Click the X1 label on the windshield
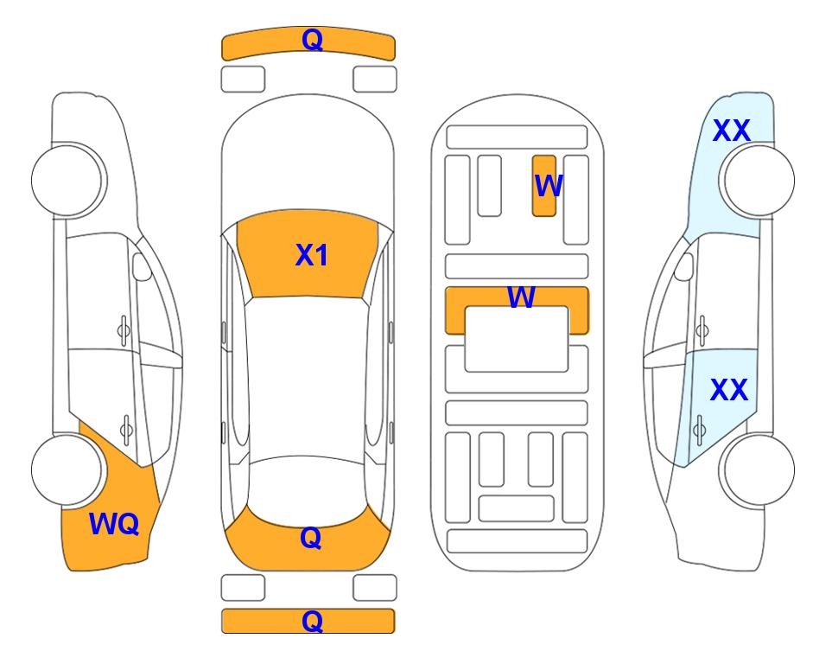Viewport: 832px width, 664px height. point(312,255)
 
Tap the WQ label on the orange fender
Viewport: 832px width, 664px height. point(114,524)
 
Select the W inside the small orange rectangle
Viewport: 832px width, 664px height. point(548,186)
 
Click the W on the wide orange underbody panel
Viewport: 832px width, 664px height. point(521,297)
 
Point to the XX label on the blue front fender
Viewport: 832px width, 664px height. point(731,131)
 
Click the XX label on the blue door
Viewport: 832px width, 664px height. point(729,390)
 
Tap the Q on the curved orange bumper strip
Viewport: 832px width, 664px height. point(312,40)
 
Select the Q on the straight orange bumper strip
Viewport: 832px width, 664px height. point(312,621)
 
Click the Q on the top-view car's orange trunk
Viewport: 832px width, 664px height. point(311,538)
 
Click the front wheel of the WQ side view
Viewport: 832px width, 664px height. point(67,180)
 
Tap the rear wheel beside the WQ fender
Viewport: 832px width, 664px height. point(67,469)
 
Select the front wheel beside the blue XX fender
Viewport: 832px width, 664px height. point(759,180)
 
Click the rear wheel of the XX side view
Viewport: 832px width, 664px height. point(759,469)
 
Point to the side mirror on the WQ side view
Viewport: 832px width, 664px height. point(141,266)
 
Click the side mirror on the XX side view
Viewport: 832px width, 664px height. point(683,266)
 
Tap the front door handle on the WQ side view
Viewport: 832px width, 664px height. point(124,330)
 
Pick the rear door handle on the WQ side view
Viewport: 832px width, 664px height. point(126,429)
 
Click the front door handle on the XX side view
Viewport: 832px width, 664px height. point(702,330)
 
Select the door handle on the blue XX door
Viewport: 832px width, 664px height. point(699,429)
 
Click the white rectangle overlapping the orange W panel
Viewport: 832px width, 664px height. point(517,339)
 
